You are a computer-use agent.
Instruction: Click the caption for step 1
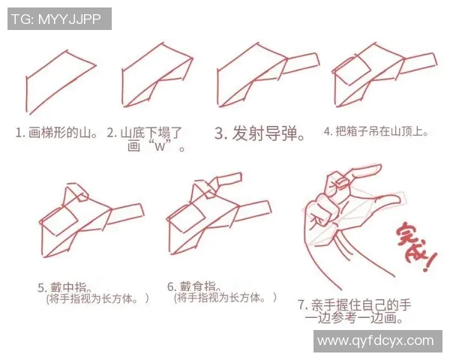click(57, 133)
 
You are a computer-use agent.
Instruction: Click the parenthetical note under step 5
click(97, 298)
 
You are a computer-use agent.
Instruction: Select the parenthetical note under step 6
click(225, 298)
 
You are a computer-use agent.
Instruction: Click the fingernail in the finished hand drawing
click(342, 180)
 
